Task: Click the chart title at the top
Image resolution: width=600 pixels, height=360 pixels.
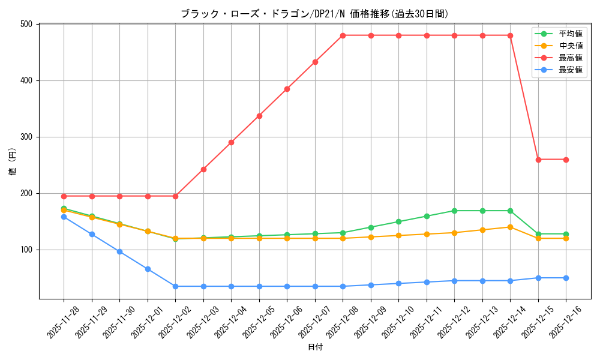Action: [x=314, y=14]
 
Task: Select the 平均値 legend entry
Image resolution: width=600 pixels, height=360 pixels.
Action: [x=570, y=34]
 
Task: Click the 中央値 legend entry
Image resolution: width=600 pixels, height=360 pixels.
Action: [x=570, y=46]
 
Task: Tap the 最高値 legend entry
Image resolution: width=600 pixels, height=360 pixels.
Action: [x=570, y=58]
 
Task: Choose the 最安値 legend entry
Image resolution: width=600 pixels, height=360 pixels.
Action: [x=570, y=70]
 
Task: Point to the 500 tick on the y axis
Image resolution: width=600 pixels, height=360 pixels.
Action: [x=28, y=24]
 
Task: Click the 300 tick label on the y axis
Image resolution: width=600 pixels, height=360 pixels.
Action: [x=28, y=137]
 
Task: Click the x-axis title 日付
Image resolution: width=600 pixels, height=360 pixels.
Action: [x=315, y=347]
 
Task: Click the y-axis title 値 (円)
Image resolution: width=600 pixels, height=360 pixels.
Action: [x=13, y=162]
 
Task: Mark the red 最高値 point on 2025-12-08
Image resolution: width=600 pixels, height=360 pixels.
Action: [x=343, y=35]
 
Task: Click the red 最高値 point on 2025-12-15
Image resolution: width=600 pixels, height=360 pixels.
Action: [x=538, y=160]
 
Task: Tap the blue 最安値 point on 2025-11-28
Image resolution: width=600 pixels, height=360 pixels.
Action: [x=64, y=217]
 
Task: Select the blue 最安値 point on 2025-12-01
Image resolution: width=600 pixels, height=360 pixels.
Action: [x=148, y=269]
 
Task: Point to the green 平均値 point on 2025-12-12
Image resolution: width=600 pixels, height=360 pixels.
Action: [x=454, y=211]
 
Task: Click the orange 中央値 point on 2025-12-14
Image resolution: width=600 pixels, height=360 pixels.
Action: [x=510, y=227]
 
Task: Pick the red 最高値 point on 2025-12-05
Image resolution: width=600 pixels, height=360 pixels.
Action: [x=259, y=116]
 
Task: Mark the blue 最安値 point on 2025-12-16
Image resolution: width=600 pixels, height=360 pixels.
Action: [x=566, y=278]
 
